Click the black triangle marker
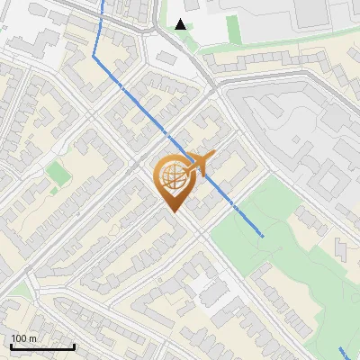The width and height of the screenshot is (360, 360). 182,24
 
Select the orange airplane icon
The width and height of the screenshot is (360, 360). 202,162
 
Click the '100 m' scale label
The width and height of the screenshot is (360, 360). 24,338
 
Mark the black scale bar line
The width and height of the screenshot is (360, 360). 42,346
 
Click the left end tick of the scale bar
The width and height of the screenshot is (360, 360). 11,346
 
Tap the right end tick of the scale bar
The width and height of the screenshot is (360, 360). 74,346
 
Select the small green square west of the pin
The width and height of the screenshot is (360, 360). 58,172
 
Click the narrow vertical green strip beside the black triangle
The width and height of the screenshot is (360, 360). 234,28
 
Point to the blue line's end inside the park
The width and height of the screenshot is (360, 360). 263,236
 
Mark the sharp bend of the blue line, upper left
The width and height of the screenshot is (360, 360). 94,56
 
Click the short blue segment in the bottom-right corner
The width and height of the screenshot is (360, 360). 347,352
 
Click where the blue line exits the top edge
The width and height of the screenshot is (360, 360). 103,2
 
